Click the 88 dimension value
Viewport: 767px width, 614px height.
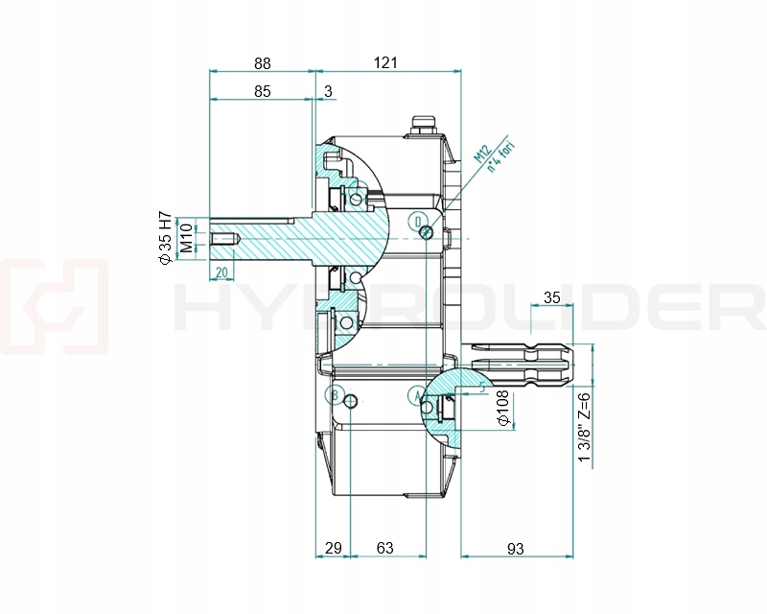pos(262,63)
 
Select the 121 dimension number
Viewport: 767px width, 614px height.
pos(385,63)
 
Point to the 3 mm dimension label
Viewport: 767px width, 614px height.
pos(329,92)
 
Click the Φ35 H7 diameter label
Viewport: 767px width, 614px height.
pos(164,236)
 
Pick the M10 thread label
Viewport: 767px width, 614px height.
pos(186,236)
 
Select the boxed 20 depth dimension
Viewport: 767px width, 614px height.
pos(221,272)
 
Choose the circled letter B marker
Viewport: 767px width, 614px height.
pos(335,395)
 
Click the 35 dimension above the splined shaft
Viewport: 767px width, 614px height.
pos(551,297)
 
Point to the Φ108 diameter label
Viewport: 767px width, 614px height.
pos(502,408)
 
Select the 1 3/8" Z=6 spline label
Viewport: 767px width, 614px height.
pos(584,427)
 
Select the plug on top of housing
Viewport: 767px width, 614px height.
pos(422,126)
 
